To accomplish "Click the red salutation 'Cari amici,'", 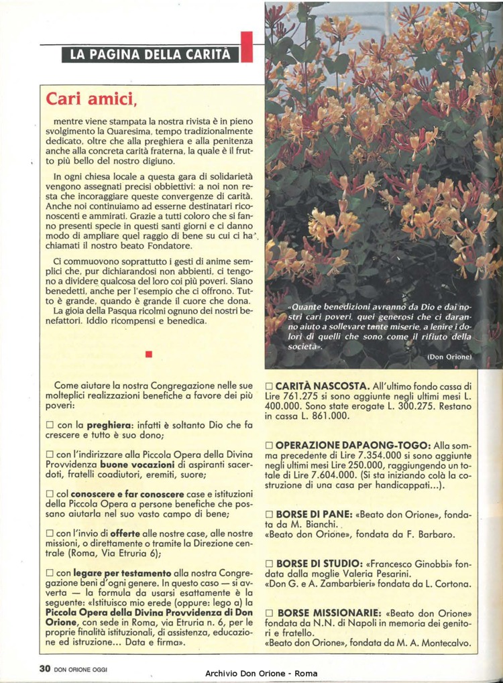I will pos(91,99).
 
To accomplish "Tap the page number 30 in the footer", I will pos(45,668).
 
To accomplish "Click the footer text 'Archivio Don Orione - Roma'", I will pos(262,673).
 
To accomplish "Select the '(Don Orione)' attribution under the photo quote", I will pos(450,357).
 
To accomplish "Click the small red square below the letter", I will pos(148,353).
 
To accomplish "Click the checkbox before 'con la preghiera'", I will pos(50,425).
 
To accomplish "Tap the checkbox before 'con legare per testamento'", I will pos(50,574).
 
